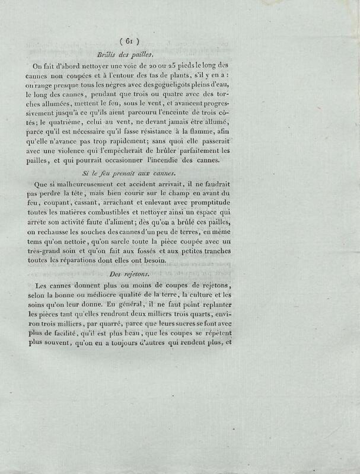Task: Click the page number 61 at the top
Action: [129, 41]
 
